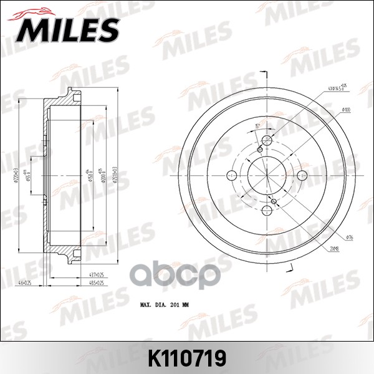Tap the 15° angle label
point(257,125)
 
